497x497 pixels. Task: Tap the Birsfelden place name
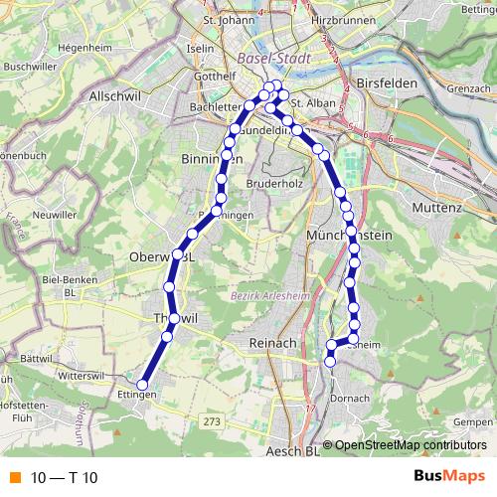(387, 84)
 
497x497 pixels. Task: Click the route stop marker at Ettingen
(142, 385)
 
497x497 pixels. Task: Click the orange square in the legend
(15, 478)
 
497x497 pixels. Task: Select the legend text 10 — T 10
(64, 478)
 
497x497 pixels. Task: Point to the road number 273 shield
(212, 421)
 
